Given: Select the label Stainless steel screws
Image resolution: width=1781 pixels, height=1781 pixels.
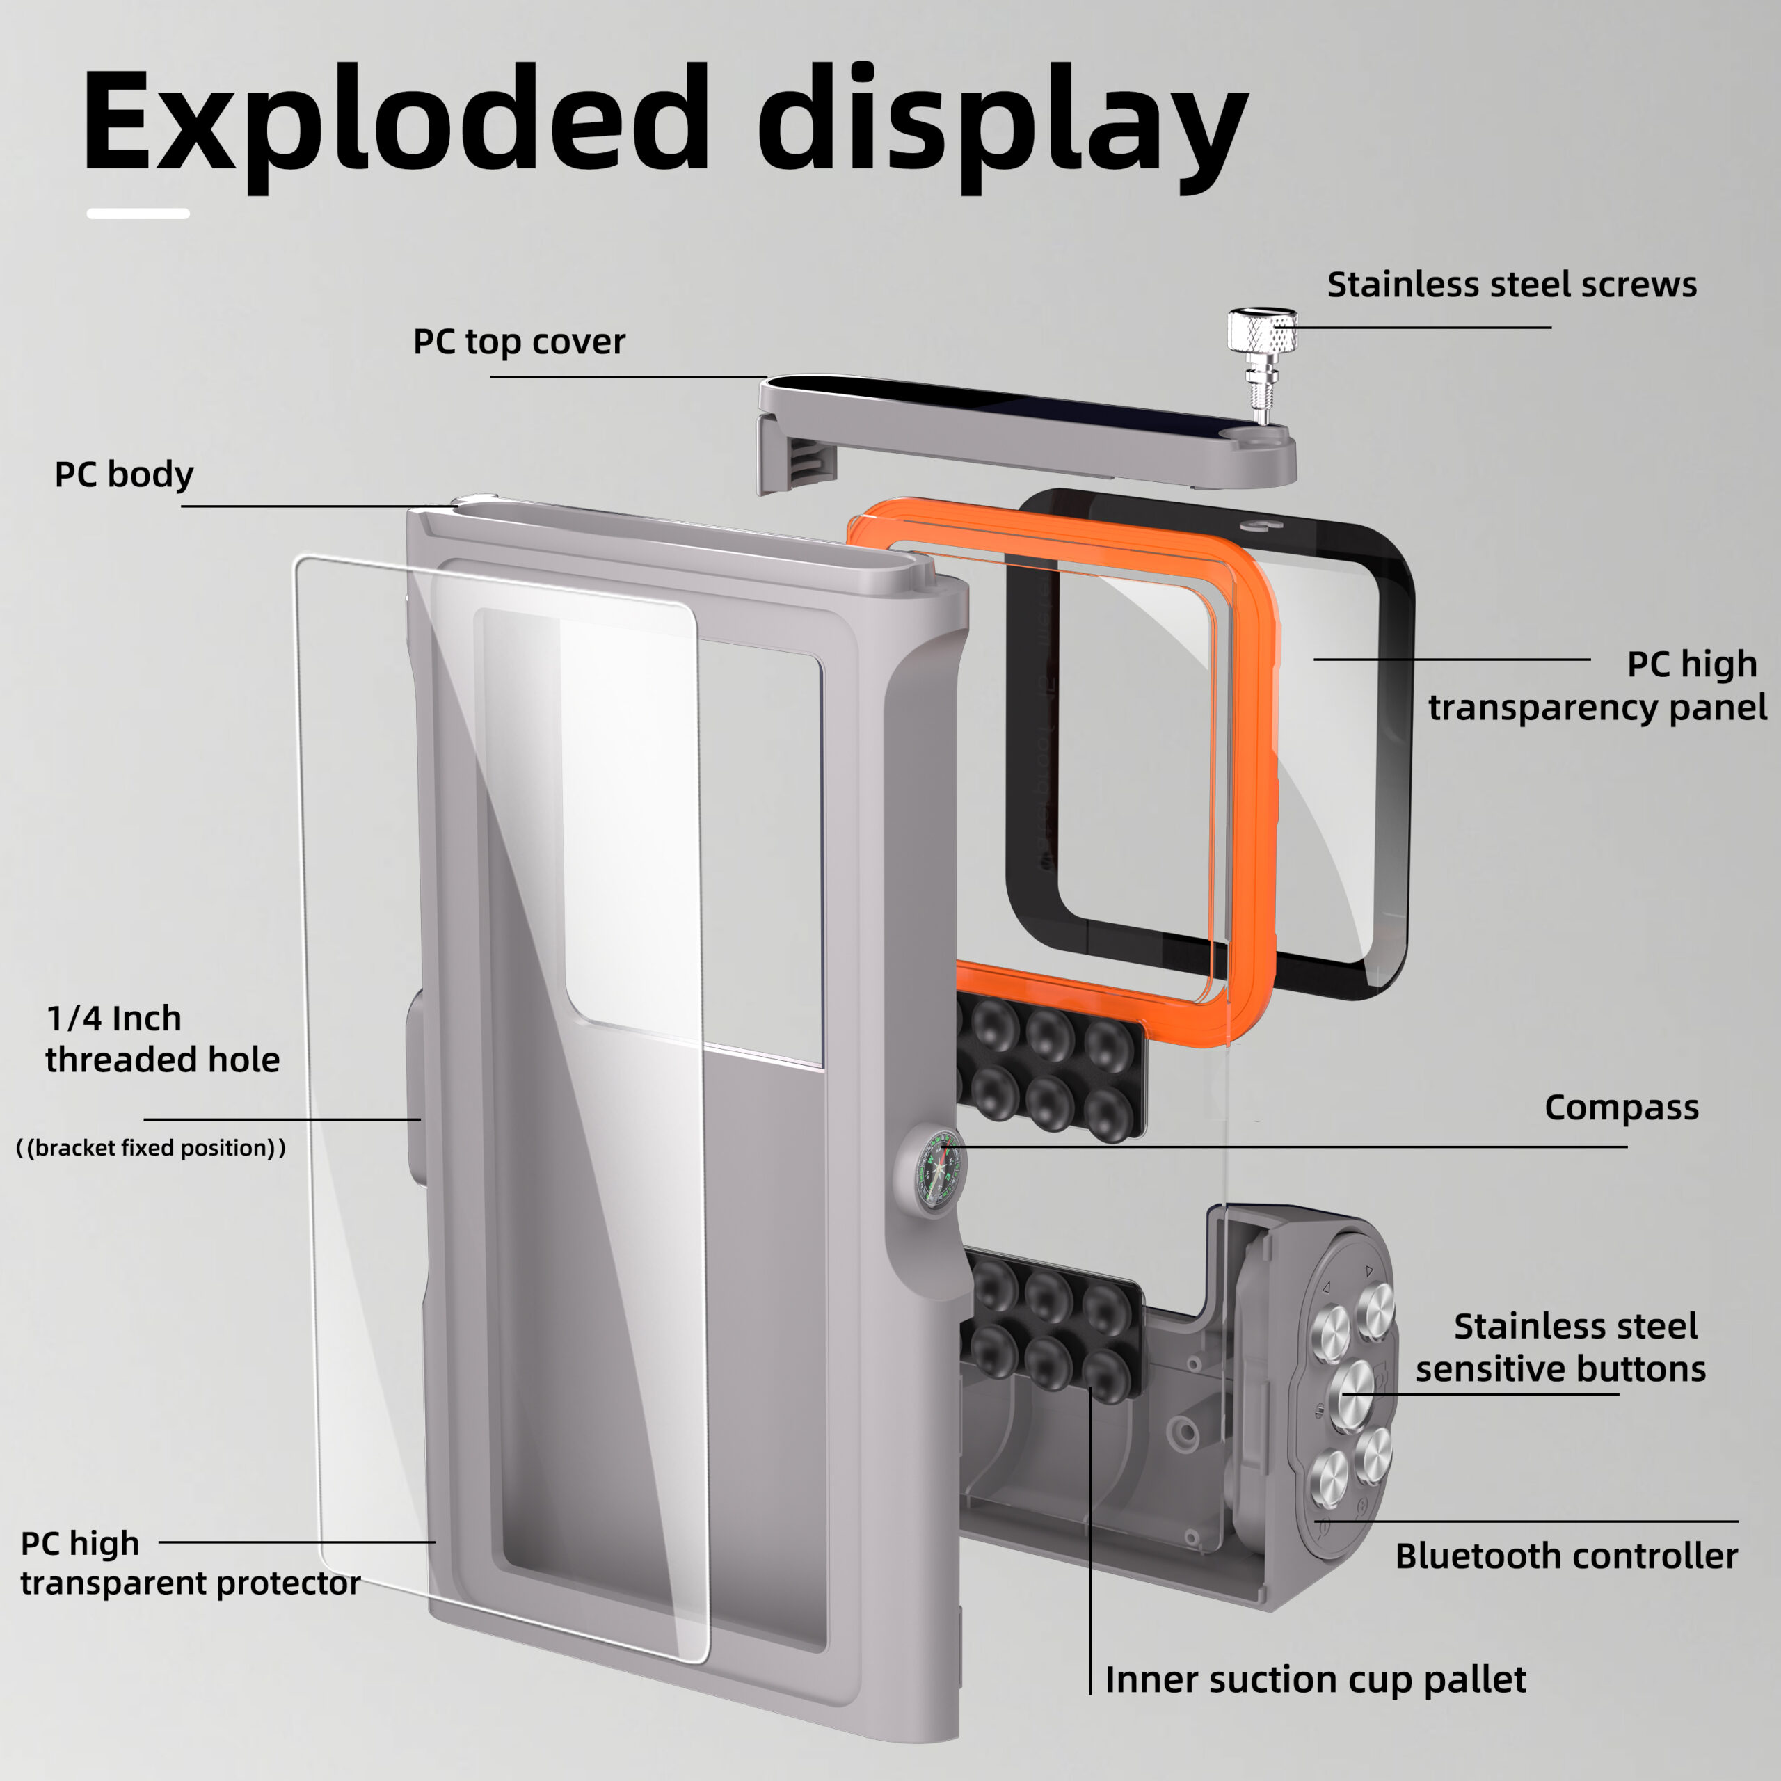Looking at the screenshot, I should pos(1512,285).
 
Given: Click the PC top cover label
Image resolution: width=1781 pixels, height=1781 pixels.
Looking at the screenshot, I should pos(519,342).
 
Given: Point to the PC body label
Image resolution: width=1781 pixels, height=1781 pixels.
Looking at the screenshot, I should pos(125,474).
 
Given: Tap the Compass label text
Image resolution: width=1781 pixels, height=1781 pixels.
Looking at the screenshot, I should pos(1620,1107).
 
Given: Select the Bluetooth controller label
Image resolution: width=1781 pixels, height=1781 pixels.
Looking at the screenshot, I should pos(1566,1555).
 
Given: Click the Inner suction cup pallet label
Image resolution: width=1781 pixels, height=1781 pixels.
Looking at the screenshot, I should pos(1316,1679).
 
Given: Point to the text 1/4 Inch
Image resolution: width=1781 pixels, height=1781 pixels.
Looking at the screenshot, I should pos(114,1019).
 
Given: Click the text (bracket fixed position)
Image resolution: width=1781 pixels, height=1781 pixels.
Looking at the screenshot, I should pos(151,1148).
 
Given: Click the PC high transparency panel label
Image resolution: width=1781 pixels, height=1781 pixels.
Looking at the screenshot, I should pos(1597,685).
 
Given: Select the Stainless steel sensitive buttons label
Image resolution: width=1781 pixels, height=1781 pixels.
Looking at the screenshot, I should pos(1560,1347).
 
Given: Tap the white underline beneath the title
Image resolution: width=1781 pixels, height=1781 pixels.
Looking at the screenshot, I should pos(138,214).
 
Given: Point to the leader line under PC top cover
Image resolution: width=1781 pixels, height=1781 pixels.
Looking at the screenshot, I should pos(627,376).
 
